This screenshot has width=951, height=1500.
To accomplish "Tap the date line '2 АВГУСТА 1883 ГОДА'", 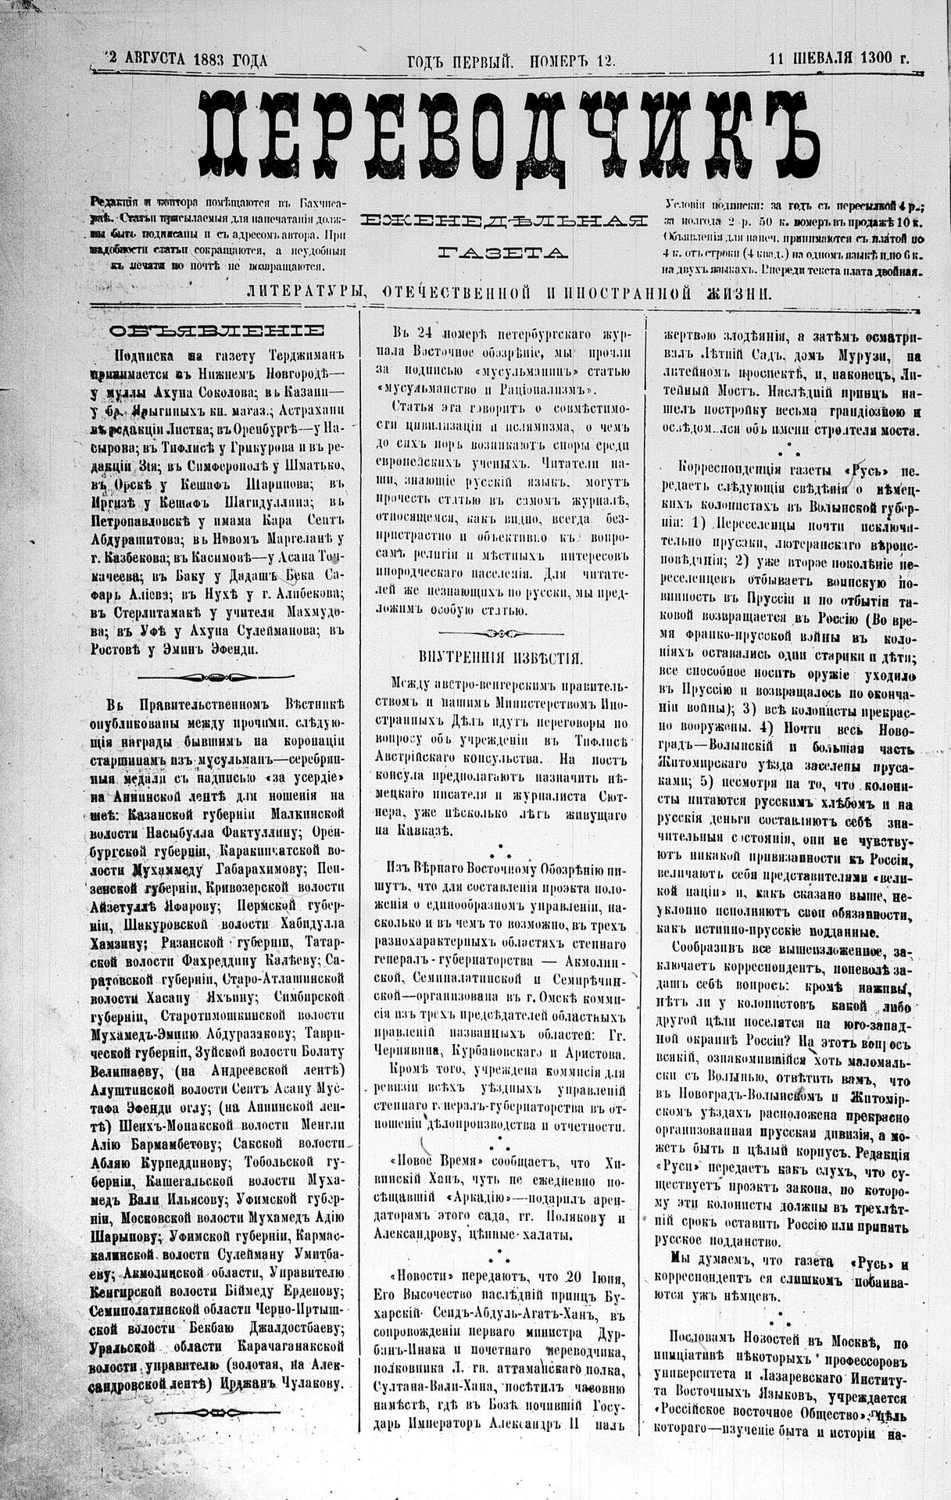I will tap(186, 59).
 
